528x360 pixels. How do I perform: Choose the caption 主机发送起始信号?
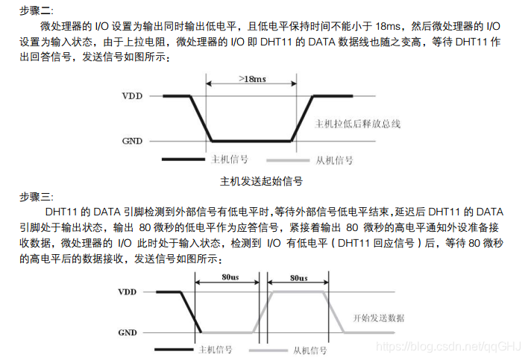click(x=262, y=180)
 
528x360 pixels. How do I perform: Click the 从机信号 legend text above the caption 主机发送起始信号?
click(x=335, y=160)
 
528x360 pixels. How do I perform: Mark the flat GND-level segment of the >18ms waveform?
click(x=253, y=141)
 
